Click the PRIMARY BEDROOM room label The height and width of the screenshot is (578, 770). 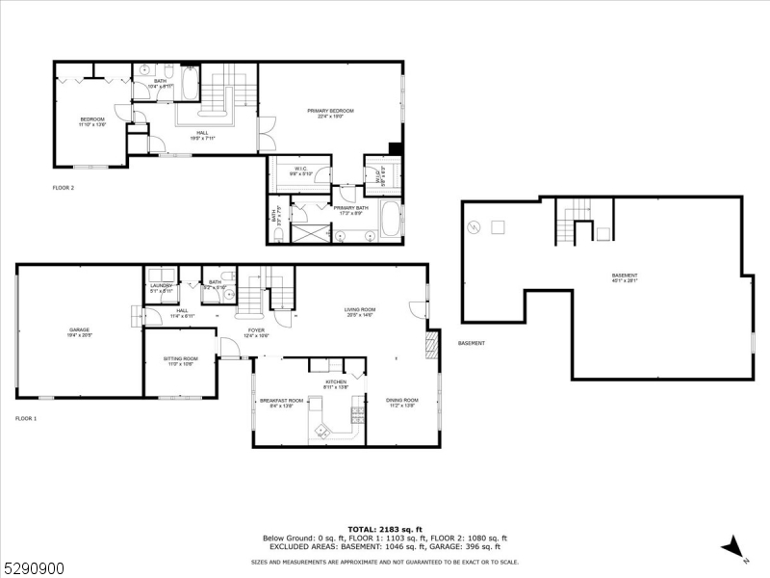click(330, 112)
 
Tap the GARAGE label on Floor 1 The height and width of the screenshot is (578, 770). click(78, 329)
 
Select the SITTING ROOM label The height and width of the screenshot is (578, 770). click(180, 359)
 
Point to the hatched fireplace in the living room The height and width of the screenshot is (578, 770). click(431, 345)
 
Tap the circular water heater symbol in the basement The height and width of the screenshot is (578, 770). click(473, 227)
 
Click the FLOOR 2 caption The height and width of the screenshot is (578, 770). click(64, 188)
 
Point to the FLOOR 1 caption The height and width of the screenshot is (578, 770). click(26, 419)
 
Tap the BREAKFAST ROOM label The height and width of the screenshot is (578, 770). click(281, 401)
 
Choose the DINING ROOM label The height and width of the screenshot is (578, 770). click(402, 401)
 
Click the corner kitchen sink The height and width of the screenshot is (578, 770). click(320, 425)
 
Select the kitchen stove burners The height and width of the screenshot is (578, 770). click(358, 415)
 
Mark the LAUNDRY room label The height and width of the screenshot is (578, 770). click(160, 286)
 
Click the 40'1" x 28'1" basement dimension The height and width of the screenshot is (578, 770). click(624, 282)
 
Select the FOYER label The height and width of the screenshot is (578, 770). click(256, 330)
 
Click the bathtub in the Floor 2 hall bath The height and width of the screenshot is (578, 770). click(189, 84)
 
